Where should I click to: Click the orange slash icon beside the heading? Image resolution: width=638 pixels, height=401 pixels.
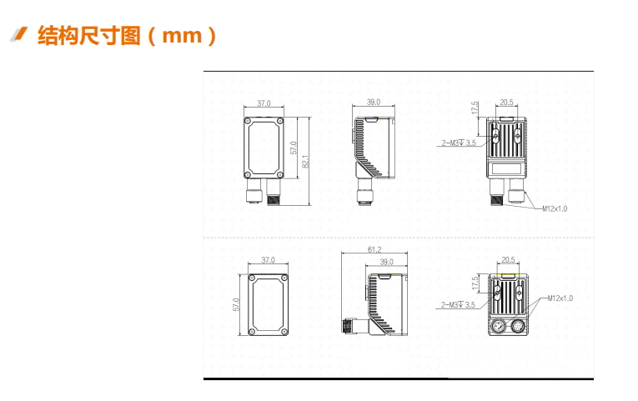18,34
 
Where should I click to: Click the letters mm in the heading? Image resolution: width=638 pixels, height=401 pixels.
182,36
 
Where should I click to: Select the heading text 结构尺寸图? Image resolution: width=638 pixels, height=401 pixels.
89,35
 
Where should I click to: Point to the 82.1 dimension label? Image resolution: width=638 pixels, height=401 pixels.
306,161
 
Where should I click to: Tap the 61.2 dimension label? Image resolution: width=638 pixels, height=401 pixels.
374,249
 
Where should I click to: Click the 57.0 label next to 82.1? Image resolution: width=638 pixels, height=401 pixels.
294,148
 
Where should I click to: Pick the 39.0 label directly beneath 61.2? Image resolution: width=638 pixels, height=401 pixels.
386,262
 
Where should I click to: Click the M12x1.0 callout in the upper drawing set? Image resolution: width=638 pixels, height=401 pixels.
555,208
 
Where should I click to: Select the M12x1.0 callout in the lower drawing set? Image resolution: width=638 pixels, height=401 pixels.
560,298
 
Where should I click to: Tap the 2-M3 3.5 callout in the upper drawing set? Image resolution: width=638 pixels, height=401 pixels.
459,143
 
